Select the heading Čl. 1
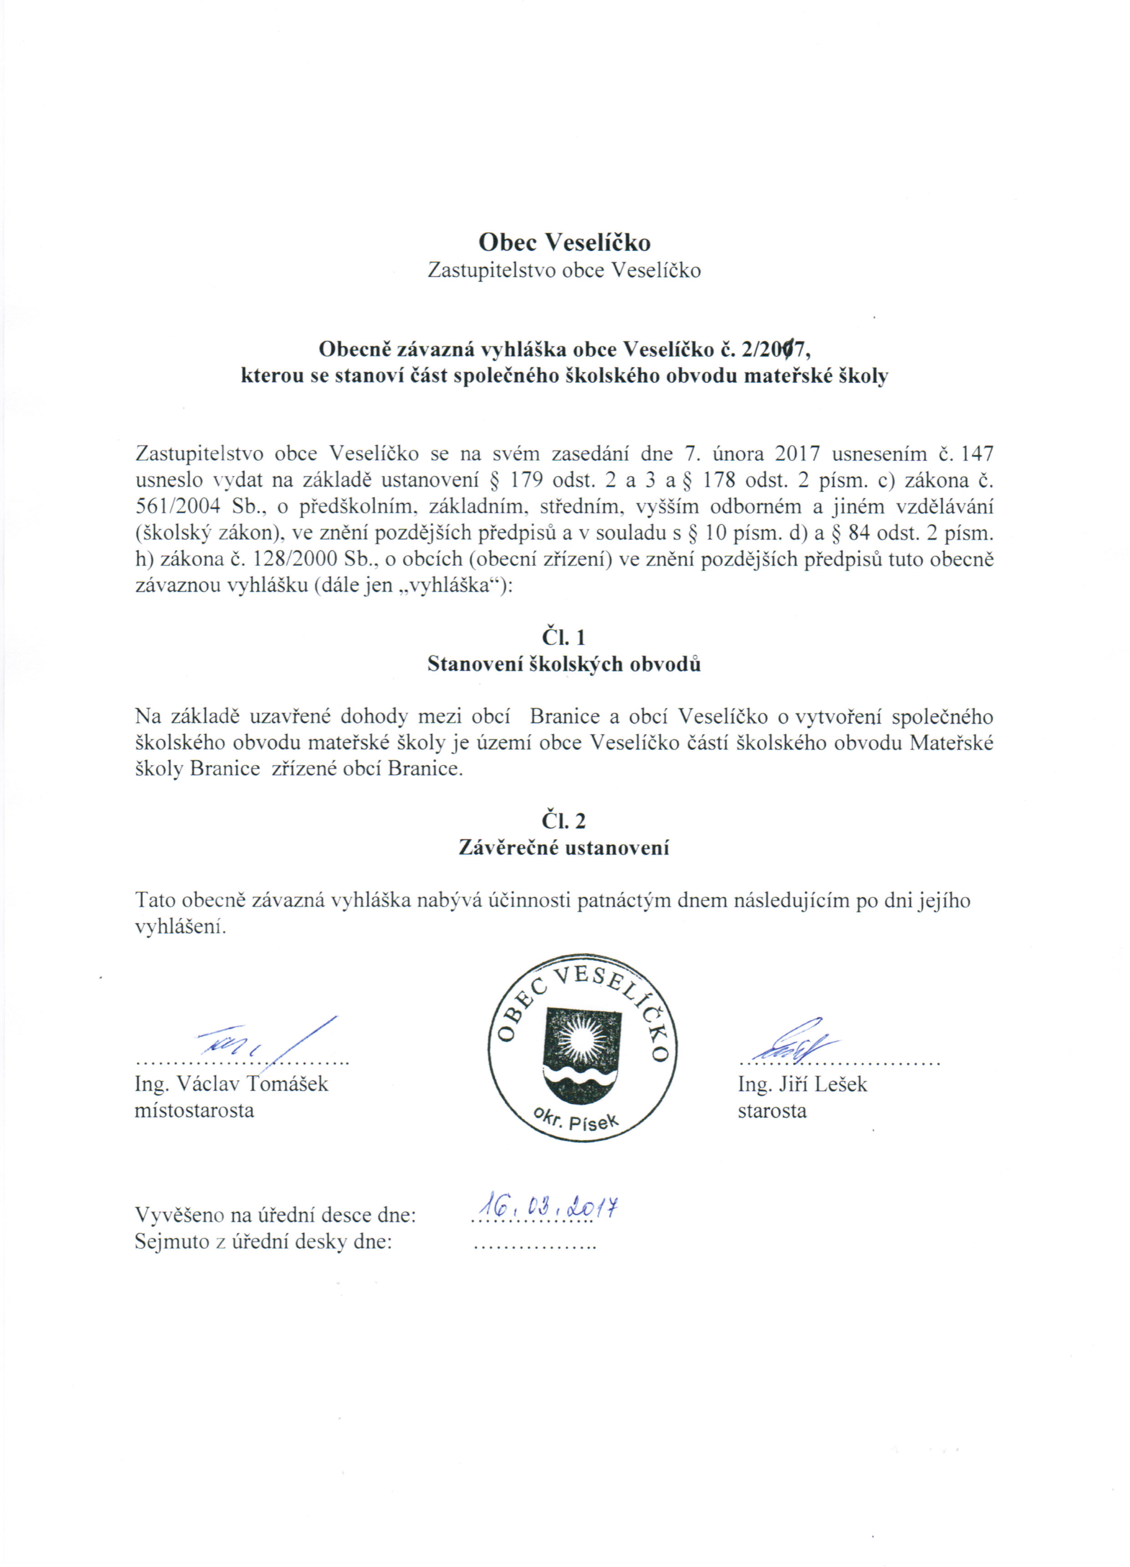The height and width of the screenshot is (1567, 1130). (x=564, y=636)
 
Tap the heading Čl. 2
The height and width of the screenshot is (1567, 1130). (x=564, y=821)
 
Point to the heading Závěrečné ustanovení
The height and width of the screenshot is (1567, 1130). (x=564, y=847)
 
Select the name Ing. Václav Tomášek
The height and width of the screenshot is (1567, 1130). (x=231, y=1083)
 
